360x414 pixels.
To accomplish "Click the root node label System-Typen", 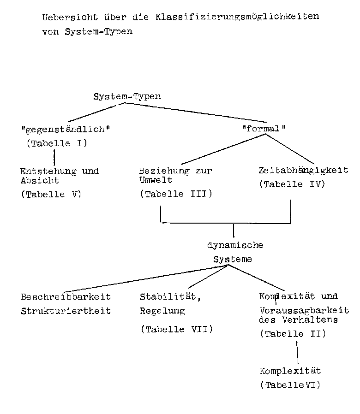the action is pyautogui.click(x=127, y=96).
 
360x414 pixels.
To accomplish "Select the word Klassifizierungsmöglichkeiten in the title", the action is pyautogui.click(x=237, y=17).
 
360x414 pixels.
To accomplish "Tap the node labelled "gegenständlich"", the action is pyautogui.click(x=65, y=129).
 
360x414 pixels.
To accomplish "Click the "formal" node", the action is pyautogui.click(x=264, y=129).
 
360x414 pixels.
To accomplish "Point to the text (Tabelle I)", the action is pyautogui.click(x=57, y=143).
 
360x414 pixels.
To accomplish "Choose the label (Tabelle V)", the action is pyautogui.click(x=51, y=195).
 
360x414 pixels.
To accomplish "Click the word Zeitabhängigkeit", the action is pyautogui.click(x=303, y=171).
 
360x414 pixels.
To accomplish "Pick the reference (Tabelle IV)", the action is pyautogui.click(x=292, y=184).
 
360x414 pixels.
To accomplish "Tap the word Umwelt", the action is pyautogui.click(x=156, y=180).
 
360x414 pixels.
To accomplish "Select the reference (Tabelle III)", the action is pyautogui.click(x=176, y=194).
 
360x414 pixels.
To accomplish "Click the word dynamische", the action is pyautogui.click(x=235, y=245).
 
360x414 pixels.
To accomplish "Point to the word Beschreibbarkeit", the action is pyautogui.click(x=66, y=297).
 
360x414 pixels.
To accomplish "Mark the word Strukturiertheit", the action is pyautogui.click(x=66, y=311).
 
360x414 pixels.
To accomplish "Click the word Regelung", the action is pyautogui.click(x=162, y=311).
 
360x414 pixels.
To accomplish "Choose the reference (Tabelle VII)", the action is pyautogui.click(x=177, y=329).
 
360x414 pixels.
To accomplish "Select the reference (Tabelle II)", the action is pyautogui.click(x=293, y=334).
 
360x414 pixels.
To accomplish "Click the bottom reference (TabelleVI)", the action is pyautogui.click(x=290, y=385).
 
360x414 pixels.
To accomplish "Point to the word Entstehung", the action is pyautogui.click(x=48, y=172).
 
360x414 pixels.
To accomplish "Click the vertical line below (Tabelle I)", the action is pyautogui.click(x=54, y=157).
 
